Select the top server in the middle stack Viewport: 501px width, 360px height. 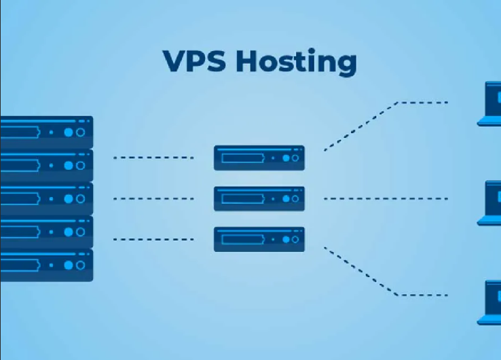pos(259,158)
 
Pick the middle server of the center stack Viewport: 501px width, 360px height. pos(259,198)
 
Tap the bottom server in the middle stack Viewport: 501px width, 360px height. pos(259,239)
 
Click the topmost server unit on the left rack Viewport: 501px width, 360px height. pos(46,132)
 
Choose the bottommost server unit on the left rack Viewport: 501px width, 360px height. pos(46,265)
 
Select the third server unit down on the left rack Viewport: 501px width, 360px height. pos(46,198)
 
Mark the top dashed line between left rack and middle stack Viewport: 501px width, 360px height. pos(153,158)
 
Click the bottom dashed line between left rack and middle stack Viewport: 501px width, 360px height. pos(153,239)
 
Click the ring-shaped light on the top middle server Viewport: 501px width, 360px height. pos(295,158)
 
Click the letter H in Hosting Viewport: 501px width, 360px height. pos(245,60)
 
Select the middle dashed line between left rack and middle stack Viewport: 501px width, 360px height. pos(153,198)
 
